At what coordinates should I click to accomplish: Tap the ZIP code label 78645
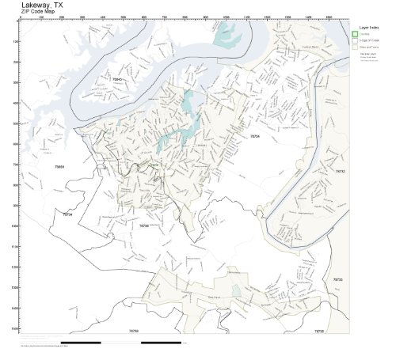click(x=117, y=79)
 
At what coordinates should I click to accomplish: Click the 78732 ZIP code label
click(x=340, y=171)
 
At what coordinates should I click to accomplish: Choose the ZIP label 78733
click(x=337, y=279)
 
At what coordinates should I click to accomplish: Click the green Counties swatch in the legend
click(x=356, y=34)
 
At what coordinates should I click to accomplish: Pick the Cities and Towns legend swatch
click(x=356, y=47)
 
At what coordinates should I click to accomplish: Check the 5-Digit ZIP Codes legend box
click(x=356, y=40)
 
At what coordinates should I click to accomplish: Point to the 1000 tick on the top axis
click(x=226, y=17)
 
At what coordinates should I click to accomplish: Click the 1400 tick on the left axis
click(x=17, y=308)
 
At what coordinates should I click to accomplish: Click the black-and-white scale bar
click(x=103, y=343)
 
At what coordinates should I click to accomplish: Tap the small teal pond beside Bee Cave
click(x=236, y=290)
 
